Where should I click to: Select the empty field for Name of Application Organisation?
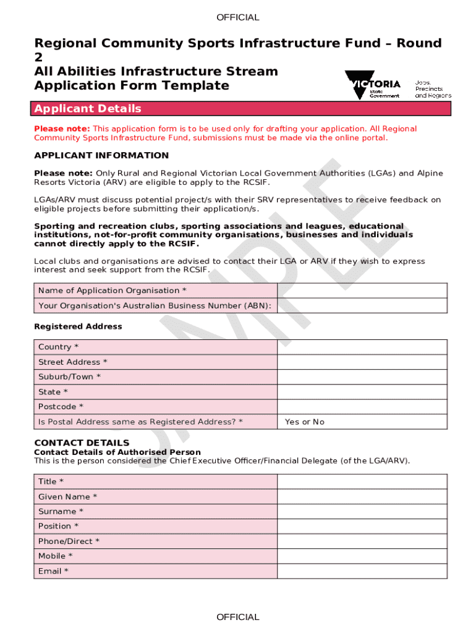coord(362,291)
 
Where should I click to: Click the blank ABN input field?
coord(362,306)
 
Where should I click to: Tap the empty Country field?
coord(362,347)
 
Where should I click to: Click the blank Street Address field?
coord(362,362)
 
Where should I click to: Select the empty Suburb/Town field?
coord(362,377)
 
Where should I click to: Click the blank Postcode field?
coord(362,407)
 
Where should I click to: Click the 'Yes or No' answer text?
coord(304,422)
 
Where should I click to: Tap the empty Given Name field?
coord(362,497)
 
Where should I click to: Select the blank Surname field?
coord(362,512)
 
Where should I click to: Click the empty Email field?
coord(362,571)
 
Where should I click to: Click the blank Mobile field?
coord(362,556)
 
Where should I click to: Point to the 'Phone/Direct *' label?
coord(69,542)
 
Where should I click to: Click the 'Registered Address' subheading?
coord(78,326)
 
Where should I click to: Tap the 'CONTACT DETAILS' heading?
coord(82,443)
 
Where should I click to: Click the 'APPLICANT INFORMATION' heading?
coord(101,155)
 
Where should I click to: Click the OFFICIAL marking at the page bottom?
coord(238,617)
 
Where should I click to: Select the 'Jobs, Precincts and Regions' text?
coord(433,88)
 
